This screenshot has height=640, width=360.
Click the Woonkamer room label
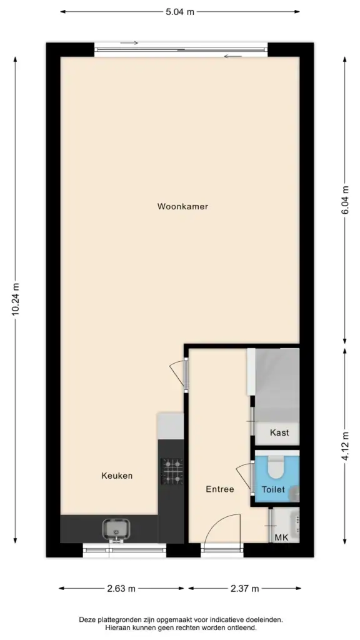182,206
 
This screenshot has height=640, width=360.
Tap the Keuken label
117,476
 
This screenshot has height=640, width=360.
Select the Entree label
220,489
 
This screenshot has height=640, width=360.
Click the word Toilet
273,489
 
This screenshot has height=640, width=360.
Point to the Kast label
279,432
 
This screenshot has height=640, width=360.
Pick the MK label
281,537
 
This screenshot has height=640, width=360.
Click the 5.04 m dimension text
180,12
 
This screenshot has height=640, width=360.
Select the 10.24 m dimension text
16,299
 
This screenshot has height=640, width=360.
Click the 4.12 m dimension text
346,446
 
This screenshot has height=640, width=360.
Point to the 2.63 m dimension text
121,589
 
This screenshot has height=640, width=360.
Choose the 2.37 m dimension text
244,589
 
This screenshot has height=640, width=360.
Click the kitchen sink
117,530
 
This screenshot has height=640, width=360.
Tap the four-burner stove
172,471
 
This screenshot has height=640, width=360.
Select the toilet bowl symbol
276,466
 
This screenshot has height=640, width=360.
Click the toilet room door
246,477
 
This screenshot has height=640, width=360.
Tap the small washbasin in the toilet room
295,494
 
